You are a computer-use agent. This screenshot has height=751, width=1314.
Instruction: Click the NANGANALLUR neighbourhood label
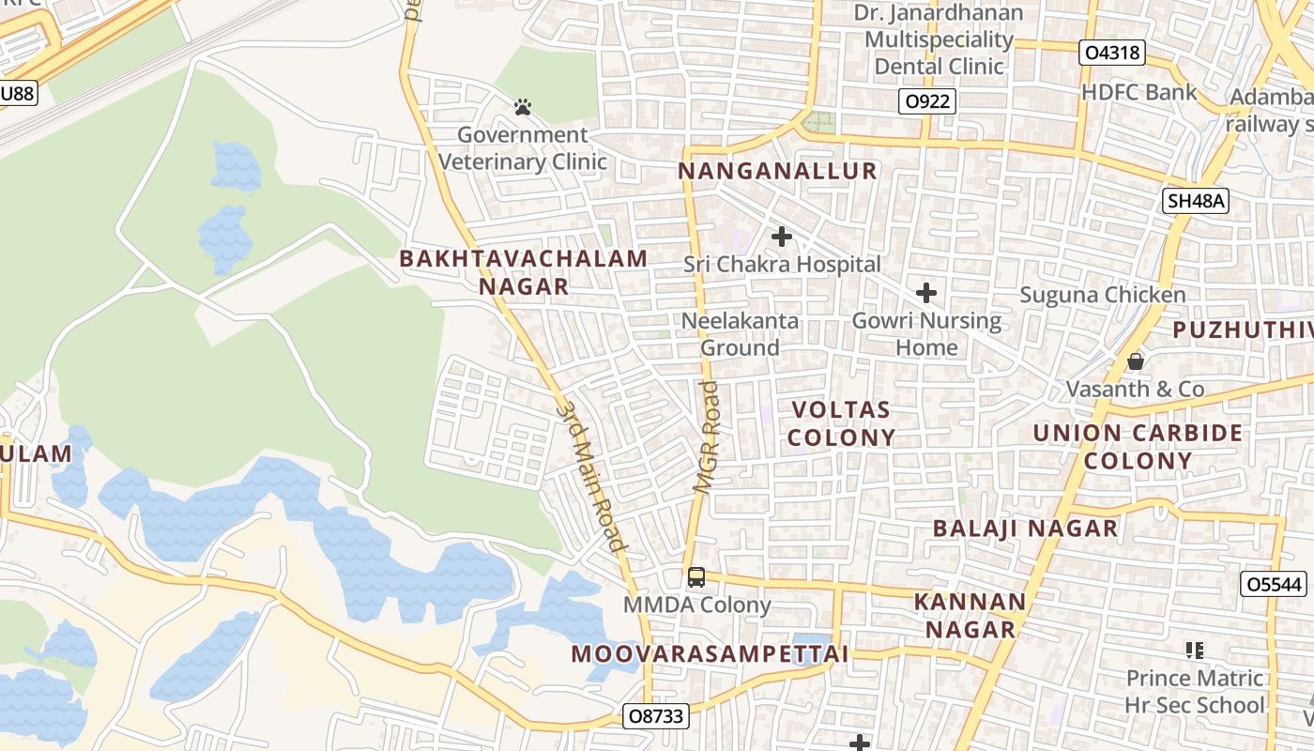click(x=777, y=171)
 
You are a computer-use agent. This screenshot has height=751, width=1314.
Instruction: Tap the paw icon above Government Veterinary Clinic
click(x=523, y=108)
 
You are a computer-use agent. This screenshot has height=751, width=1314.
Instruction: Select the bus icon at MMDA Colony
click(x=695, y=577)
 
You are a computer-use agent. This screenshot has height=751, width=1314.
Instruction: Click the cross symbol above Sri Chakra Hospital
click(x=781, y=237)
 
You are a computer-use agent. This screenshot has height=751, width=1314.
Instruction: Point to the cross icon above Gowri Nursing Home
click(x=926, y=293)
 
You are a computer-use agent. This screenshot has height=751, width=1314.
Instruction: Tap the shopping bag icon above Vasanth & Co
click(x=1136, y=361)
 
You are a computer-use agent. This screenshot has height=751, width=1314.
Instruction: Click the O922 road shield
click(x=926, y=102)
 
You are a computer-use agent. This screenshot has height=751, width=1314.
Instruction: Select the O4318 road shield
click(x=1112, y=53)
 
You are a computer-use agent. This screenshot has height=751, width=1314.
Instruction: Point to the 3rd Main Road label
click(x=591, y=476)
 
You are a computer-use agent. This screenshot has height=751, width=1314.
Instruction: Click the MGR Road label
click(x=707, y=437)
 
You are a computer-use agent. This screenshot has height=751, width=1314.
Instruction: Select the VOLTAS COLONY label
click(x=841, y=423)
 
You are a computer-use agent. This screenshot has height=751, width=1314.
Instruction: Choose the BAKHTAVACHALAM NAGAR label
click(x=524, y=272)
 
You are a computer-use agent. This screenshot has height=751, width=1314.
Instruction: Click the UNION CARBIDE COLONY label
click(x=1138, y=447)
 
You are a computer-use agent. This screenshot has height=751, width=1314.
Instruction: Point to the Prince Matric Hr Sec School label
click(x=1195, y=691)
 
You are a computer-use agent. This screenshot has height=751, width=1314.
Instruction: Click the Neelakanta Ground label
click(x=741, y=334)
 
